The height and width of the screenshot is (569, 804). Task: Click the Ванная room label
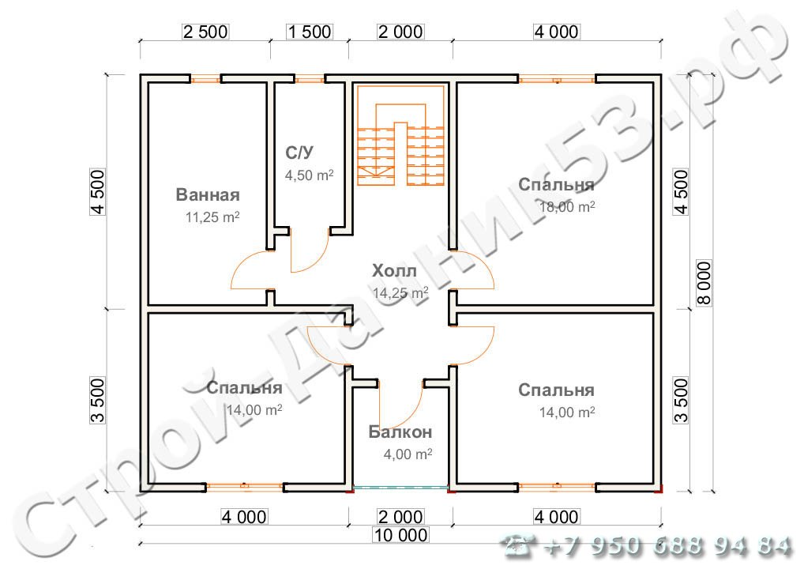click(x=208, y=195)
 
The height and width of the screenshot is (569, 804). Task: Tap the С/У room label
click(x=299, y=153)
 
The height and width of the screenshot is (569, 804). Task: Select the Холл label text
click(x=394, y=270)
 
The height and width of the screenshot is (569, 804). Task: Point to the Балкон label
click(x=400, y=432)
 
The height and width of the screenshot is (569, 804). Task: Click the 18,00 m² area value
click(x=567, y=206)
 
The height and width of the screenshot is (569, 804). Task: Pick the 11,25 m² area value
click(x=212, y=217)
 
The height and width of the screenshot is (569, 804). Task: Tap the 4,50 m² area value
click(x=309, y=175)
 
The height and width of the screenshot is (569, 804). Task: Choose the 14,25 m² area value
click(x=400, y=292)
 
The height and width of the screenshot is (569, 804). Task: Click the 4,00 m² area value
click(x=408, y=454)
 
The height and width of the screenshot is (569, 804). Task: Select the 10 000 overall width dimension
click(x=400, y=535)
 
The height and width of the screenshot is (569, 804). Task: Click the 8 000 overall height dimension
click(x=705, y=283)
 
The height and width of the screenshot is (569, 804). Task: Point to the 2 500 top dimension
click(x=205, y=32)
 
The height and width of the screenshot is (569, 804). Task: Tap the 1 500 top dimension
click(x=309, y=32)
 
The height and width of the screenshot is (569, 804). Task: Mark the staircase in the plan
click(x=400, y=135)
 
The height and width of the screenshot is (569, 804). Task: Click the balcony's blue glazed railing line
click(x=400, y=488)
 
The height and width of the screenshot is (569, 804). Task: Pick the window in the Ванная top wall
click(x=205, y=79)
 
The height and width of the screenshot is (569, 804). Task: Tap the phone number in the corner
click(x=647, y=546)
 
